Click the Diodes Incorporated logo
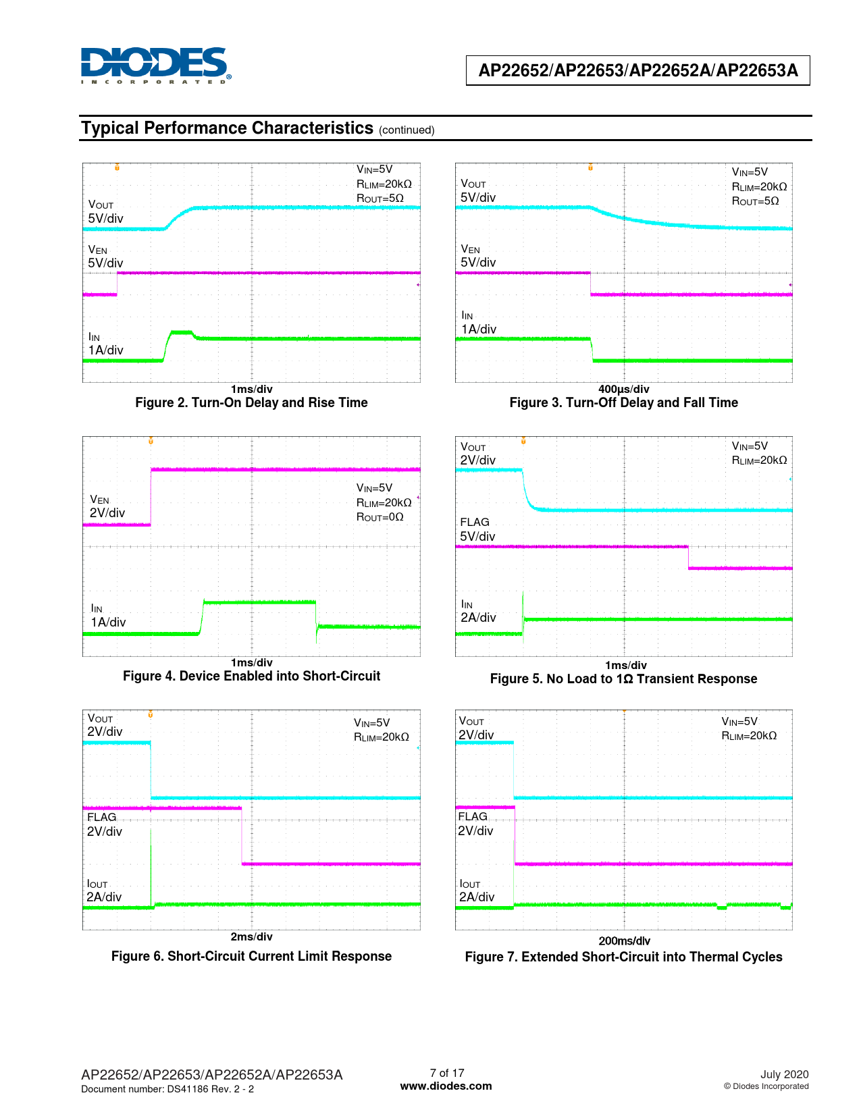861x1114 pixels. [155, 65]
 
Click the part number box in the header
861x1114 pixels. [637, 70]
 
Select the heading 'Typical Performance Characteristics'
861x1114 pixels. [227, 128]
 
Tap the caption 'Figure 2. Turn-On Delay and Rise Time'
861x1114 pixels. [251, 403]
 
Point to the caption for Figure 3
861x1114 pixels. [623, 403]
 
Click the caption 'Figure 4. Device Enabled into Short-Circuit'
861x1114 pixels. [251, 677]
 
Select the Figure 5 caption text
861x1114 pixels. [623, 679]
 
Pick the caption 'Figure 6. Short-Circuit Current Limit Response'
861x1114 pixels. [251, 957]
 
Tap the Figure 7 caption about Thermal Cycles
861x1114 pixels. [623, 957]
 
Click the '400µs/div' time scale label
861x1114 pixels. [623, 390]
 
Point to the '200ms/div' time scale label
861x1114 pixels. [624, 941]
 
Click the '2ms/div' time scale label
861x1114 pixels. [251, 937]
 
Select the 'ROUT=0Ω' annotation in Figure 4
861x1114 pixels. [380, 517]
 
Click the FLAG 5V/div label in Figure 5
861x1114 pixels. [477, 530]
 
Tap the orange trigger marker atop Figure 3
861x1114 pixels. [590, 167]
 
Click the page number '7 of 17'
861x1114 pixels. [447, 1073]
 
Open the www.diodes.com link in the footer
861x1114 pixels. [446, 1086]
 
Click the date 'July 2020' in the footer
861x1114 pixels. [784, 1075]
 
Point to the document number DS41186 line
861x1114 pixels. [167, 1089]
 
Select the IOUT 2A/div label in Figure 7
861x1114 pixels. [476, 891]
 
